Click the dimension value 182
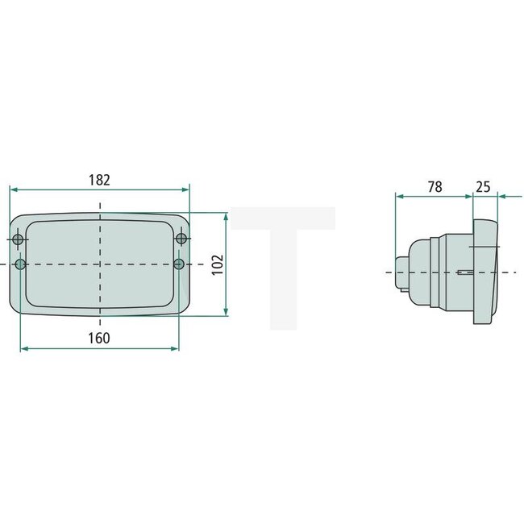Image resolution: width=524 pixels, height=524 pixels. pyautogui.click(x=99, y=179)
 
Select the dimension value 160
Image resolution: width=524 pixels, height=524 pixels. pyautogui.click(x=98, y=339)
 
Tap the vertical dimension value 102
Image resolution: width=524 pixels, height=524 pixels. pyautogui.click(x=217, y=264)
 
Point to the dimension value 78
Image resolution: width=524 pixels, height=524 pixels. pyautogui.click(x=434, y=186)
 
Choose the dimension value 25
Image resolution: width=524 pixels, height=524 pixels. pyautogui.click(x=484, y=186)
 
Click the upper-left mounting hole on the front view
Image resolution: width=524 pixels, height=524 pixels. pyautogui.click(x=19, y=239)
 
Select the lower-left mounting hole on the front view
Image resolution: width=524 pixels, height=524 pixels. pyautogui.click(x=21, y=264)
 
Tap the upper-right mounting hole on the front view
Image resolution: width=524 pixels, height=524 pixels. pyautogui.click(x=181, y=239)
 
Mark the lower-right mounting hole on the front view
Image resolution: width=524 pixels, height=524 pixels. pyautogui.click(x=179, y=264)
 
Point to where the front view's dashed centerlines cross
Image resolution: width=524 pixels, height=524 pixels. pyautogui.click(x=100, y=264)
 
